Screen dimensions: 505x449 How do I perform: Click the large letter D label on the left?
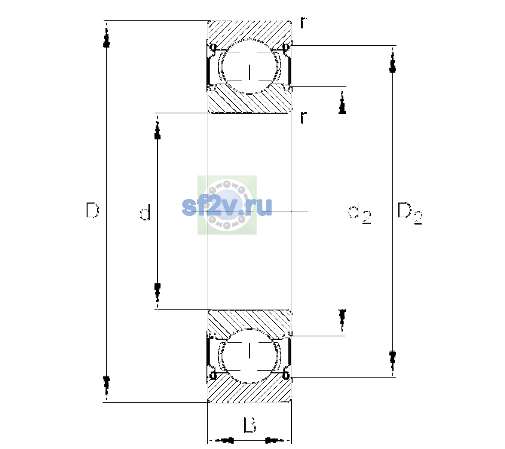click(92, 210)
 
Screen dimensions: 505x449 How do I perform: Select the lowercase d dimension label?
click(145, 213)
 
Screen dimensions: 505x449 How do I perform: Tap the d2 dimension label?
click(359, 213)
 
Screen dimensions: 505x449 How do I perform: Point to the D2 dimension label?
click(410, 213)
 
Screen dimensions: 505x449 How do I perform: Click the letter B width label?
click(250, 425)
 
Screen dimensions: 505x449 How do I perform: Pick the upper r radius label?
click(304, 22)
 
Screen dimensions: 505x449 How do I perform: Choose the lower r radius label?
click(304, 117)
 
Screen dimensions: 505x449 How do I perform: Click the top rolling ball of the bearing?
click(250, 67)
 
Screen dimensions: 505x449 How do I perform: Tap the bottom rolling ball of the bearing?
click(250, 356)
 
